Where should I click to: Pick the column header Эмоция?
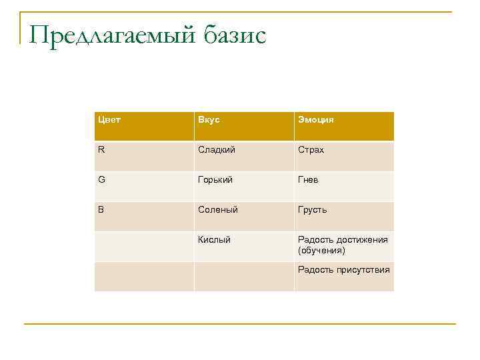316,120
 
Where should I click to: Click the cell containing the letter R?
101,150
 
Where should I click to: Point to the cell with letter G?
101,180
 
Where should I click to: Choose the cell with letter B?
101,210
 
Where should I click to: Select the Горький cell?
215,180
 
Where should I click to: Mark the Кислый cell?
214,240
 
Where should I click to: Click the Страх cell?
311,150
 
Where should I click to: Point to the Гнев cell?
309,180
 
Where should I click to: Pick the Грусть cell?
312,210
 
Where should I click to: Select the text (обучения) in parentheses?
321,251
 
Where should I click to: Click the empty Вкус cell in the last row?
243,276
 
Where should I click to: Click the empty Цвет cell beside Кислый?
144,246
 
